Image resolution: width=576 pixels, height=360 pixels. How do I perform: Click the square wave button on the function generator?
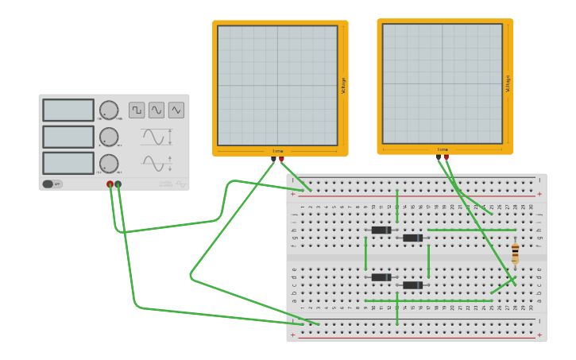(137, 110)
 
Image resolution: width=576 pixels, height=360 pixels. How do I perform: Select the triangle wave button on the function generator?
(176, 110)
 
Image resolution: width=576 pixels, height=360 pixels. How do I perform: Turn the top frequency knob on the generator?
(109, 110)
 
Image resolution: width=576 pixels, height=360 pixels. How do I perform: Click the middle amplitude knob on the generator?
(109, 137)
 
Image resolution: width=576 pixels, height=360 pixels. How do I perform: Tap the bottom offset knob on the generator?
(109, 164)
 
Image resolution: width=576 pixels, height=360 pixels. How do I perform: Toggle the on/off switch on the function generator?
(48, 184)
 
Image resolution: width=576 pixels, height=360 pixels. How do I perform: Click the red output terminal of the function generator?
(110, 184)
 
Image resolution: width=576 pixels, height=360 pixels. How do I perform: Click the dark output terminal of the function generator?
(118, 184)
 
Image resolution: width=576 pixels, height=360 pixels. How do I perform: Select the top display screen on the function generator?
(68, 110)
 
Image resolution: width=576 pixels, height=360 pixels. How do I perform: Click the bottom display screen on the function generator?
(68, 163)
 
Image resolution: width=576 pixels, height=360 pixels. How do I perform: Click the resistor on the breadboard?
(515, 253)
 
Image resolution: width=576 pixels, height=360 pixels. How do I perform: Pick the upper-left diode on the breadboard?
(381, 230)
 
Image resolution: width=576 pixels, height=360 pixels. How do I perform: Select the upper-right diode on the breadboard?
(412, 238)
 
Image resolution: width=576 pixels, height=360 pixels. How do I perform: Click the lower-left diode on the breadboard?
(381, 277)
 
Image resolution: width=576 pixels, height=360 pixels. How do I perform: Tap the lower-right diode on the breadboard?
(412, 285)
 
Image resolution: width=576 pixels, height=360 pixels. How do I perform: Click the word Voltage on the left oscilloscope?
(343, 86)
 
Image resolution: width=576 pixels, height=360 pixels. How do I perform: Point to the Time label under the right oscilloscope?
(443, 149)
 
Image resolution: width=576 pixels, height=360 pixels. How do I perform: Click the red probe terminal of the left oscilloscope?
(281, 160)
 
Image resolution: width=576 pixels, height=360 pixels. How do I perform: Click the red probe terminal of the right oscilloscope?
(446, 157)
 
